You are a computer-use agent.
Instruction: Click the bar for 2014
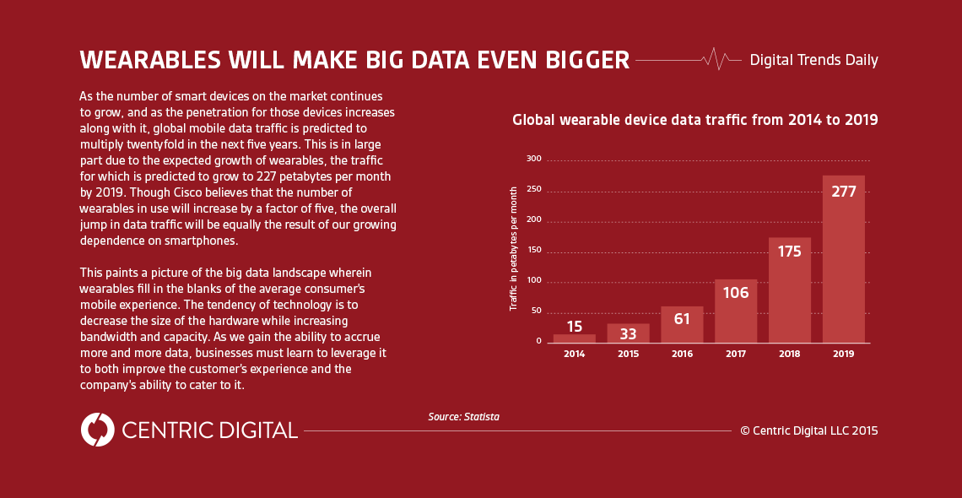point(574,338)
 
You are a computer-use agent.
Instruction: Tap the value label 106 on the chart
point(736,293)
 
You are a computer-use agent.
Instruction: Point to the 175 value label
point(789,251)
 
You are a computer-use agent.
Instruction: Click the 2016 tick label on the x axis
point(682,355)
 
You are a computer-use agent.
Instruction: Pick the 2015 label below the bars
point(628,355)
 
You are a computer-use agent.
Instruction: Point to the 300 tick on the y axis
point(533,159)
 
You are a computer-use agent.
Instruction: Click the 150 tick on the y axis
point(533,251)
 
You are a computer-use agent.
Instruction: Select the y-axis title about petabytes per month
point(514,249)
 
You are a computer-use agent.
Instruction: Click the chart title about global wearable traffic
point(695,120)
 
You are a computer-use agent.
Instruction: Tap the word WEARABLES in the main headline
point(138,60)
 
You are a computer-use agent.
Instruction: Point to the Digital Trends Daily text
point(813,60)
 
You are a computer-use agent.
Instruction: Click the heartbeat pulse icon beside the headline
point(716,59)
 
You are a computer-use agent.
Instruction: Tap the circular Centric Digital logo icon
point(97,430)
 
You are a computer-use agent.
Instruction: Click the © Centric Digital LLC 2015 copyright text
point(808,430)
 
